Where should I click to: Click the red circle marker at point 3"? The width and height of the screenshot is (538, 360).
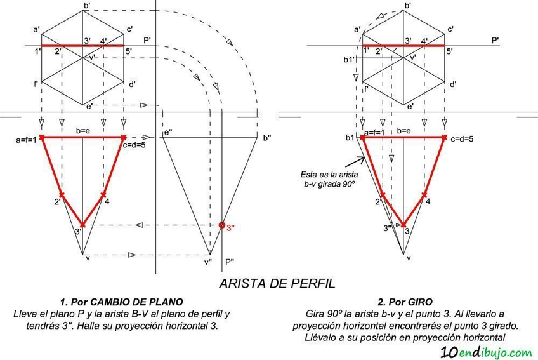coord(221,225)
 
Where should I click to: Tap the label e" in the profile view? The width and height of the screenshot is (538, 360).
coord(168,133)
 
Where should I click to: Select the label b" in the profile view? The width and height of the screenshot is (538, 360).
coord(266,138)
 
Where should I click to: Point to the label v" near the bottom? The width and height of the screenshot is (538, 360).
coord(207,261)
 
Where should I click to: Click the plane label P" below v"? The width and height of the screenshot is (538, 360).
coord(230,261)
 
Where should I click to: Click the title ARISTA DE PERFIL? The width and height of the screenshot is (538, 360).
coord(277,283)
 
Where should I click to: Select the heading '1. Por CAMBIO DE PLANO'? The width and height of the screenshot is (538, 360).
coord(122,302)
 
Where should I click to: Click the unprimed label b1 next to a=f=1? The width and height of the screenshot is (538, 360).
coord(350,137)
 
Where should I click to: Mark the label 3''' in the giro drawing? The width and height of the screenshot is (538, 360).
coord(387,228)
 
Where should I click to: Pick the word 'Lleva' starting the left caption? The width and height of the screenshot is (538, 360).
coord(26,314)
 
